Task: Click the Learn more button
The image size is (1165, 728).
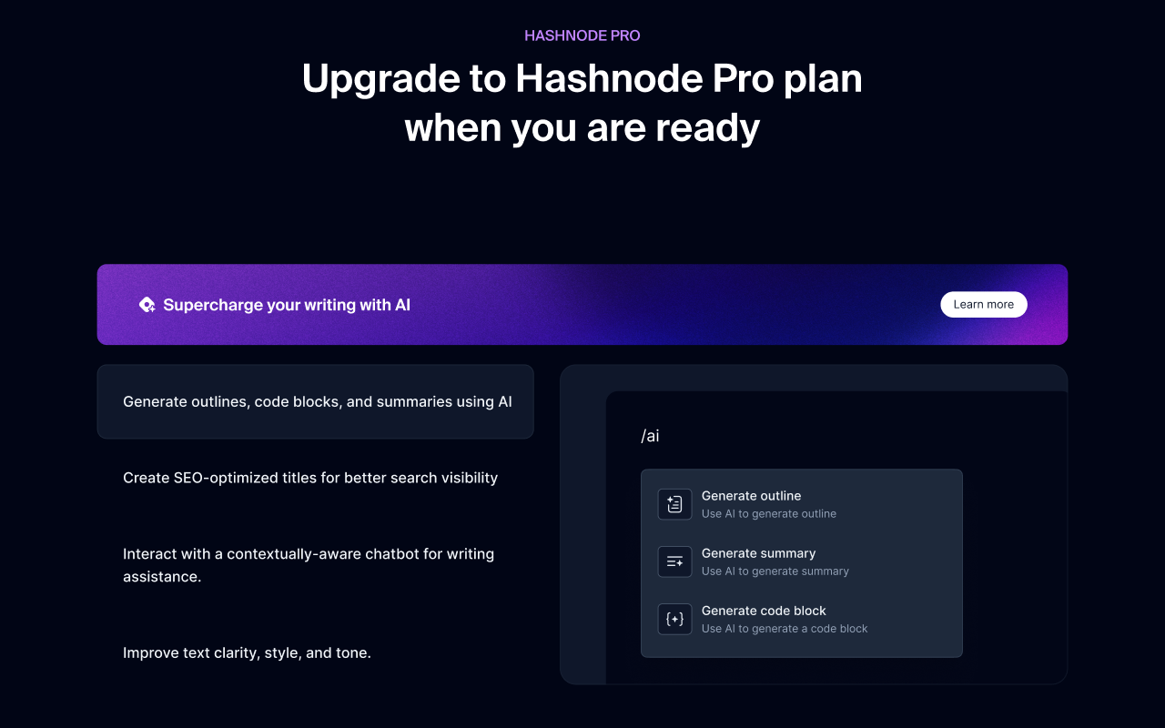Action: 983,305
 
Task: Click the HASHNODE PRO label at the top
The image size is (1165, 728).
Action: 582,36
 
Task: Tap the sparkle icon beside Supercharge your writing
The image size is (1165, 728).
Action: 147,305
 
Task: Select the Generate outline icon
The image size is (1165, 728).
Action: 674,504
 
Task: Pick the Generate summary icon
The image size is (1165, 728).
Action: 674,561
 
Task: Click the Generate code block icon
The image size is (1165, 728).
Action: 674,619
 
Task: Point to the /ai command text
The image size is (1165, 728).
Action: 650,436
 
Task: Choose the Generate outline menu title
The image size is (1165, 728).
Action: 751,496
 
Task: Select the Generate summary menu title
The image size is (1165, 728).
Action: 758,553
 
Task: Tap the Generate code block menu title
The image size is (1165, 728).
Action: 764,611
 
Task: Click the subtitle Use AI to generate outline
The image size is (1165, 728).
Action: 768,514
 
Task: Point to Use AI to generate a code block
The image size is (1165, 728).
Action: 785,629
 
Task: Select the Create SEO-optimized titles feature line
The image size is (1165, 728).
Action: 310,478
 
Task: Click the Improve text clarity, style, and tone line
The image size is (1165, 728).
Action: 247,652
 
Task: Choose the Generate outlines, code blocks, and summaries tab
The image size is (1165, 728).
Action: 317,402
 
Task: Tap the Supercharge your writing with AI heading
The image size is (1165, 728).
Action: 287,305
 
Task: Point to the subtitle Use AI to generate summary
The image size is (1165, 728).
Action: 775,571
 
